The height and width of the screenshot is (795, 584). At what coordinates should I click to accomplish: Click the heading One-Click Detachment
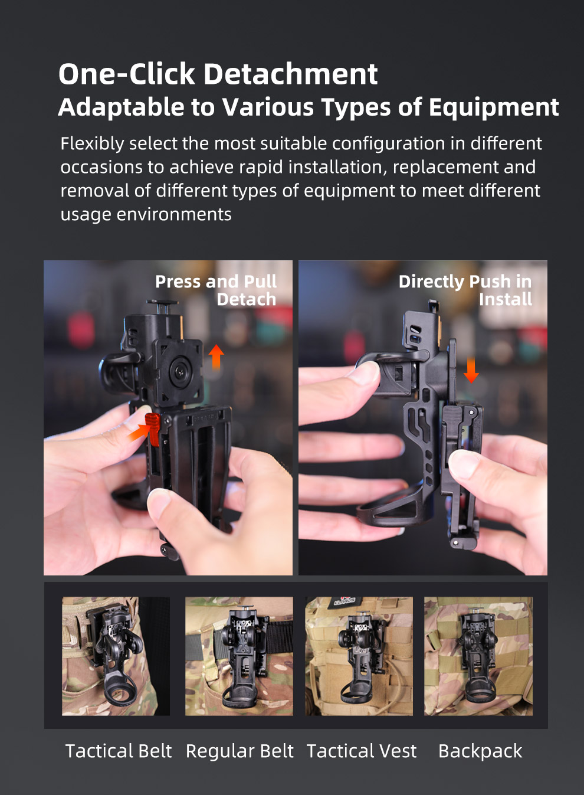pos(218,74)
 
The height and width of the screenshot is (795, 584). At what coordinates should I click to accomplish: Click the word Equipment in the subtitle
pos(493,107)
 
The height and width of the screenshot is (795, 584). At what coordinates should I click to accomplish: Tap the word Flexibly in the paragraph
pos(92,143)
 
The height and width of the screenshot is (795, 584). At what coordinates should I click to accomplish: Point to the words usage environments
pos(146,214)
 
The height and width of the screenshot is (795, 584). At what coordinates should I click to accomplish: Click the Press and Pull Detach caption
pos(216,290)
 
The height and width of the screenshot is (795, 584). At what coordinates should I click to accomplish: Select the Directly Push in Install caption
pos(465,290)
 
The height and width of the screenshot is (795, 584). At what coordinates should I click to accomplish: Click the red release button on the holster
pos(152,429)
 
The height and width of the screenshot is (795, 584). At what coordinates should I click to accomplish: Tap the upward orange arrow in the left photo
pos(216,356)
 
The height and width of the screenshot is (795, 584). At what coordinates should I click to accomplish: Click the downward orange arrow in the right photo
pos(471,369)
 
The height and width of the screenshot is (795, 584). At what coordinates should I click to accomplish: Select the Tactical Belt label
pos(118,751)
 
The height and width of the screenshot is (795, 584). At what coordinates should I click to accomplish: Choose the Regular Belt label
pos(239,751)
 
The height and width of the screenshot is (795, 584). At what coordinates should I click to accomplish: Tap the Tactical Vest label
pos(361,751)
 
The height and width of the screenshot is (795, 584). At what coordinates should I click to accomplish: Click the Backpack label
pos(480,751)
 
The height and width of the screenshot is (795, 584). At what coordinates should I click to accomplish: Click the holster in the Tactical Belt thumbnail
pos(117,655)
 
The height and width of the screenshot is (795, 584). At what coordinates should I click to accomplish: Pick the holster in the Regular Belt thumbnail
pos(241,655)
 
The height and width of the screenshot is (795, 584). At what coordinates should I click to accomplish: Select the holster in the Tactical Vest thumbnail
pos(358,655)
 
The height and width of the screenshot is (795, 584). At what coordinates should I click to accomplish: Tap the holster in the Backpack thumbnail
pos(479,655)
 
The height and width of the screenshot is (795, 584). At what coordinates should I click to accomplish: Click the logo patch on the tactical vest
pos(343,601)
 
